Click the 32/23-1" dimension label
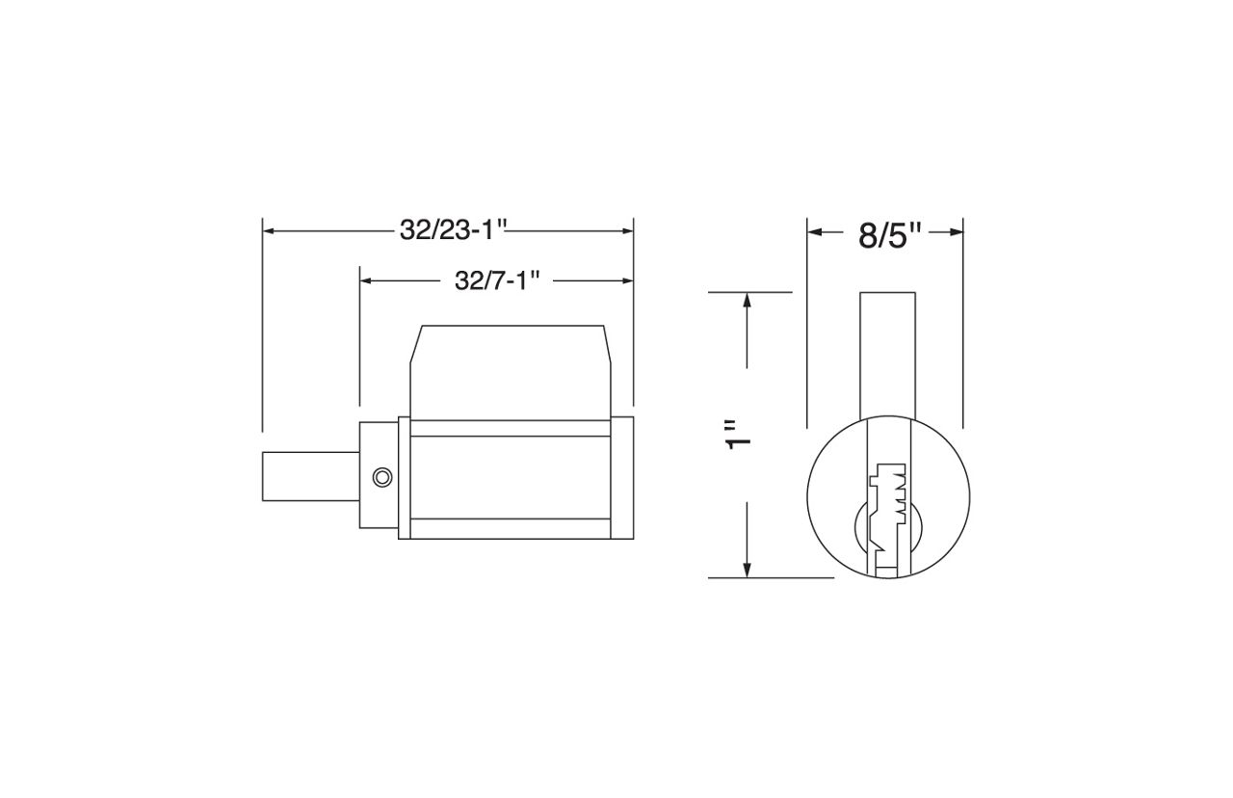[453, 230]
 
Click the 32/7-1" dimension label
[495, 280]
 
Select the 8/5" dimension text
[889, 234]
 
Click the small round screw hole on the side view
[382, 477]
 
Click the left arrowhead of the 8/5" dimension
[815, 231]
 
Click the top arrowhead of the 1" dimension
[747, 300]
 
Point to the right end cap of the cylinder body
[622, 477]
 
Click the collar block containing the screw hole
[378, 475]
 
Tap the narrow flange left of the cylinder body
[404, 477]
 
